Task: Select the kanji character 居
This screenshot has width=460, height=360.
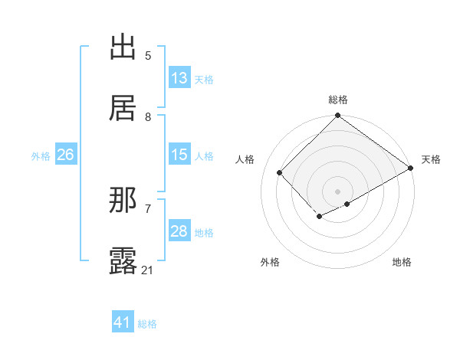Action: pos(123,108)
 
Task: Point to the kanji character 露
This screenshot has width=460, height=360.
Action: pos(123,261)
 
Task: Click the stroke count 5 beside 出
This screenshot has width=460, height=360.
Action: pos(148,55)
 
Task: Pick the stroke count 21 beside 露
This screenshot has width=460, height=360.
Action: pos(148,270)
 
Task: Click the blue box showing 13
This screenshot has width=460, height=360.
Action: pos(179,78)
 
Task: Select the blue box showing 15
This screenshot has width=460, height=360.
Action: pos(179,155)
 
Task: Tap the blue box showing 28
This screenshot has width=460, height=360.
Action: pos(179,231)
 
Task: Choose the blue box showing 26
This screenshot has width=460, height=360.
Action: pos(65,155)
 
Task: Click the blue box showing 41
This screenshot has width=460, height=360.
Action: pos(123,322)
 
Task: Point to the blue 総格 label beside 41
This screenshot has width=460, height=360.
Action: pos(147,324)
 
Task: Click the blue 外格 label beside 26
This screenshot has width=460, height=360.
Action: pos(41,156)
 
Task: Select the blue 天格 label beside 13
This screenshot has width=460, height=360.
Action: pos(204,80)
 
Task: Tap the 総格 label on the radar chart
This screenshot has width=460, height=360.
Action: pos(337,100)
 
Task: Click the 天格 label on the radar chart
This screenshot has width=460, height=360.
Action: pos(431,159)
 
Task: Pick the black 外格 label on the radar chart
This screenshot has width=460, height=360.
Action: pos(270,262)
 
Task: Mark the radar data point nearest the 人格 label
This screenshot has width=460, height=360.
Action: pos(280,172)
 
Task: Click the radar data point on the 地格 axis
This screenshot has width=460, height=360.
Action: pos(347,204)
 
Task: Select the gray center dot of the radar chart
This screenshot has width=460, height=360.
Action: pos(337,191)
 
